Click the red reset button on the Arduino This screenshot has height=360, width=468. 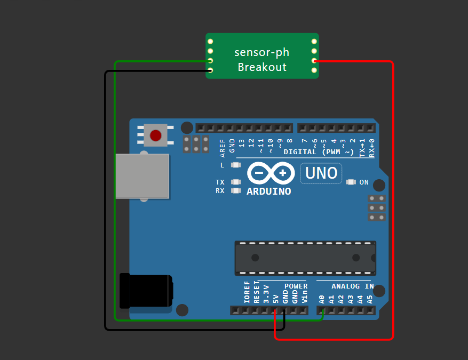(155, 135)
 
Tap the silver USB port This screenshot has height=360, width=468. (142, 177)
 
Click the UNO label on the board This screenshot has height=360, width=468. (321, 173)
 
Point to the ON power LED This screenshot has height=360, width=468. (351, 182)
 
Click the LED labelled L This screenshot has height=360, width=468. (236, 165)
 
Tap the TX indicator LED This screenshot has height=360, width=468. (236, 182)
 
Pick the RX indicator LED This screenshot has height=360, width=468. (236, 190)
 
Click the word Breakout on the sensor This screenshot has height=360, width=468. (262, 67)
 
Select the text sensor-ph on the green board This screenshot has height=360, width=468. (262, 52)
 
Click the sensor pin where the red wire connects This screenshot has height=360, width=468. (314, 61)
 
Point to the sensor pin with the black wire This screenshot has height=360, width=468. (210, 70)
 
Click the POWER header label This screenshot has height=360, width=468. (296, 286)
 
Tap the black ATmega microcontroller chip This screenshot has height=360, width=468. (305, 258)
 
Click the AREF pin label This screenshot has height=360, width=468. (223, 147)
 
